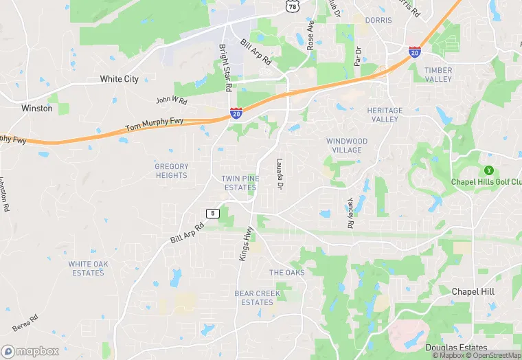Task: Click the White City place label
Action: (x=119, y=79)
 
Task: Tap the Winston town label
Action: (x=36, y=109)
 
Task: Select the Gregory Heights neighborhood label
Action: (x=171, y=170)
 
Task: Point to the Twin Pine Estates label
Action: (x=239, y=183)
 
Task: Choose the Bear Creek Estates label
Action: (x=258, y=297)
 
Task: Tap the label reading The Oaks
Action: (x=286, y=273)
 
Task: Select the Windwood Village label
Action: (x=347, y=146)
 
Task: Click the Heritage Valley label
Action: (x=385, y=115)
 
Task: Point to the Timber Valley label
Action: (x=438, y=74)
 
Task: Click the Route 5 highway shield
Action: (x=213, y=214)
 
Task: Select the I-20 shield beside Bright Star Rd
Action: (x=236, y=113)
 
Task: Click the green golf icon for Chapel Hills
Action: (x=489, y=170)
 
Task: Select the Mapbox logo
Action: (x=30, y=351)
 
